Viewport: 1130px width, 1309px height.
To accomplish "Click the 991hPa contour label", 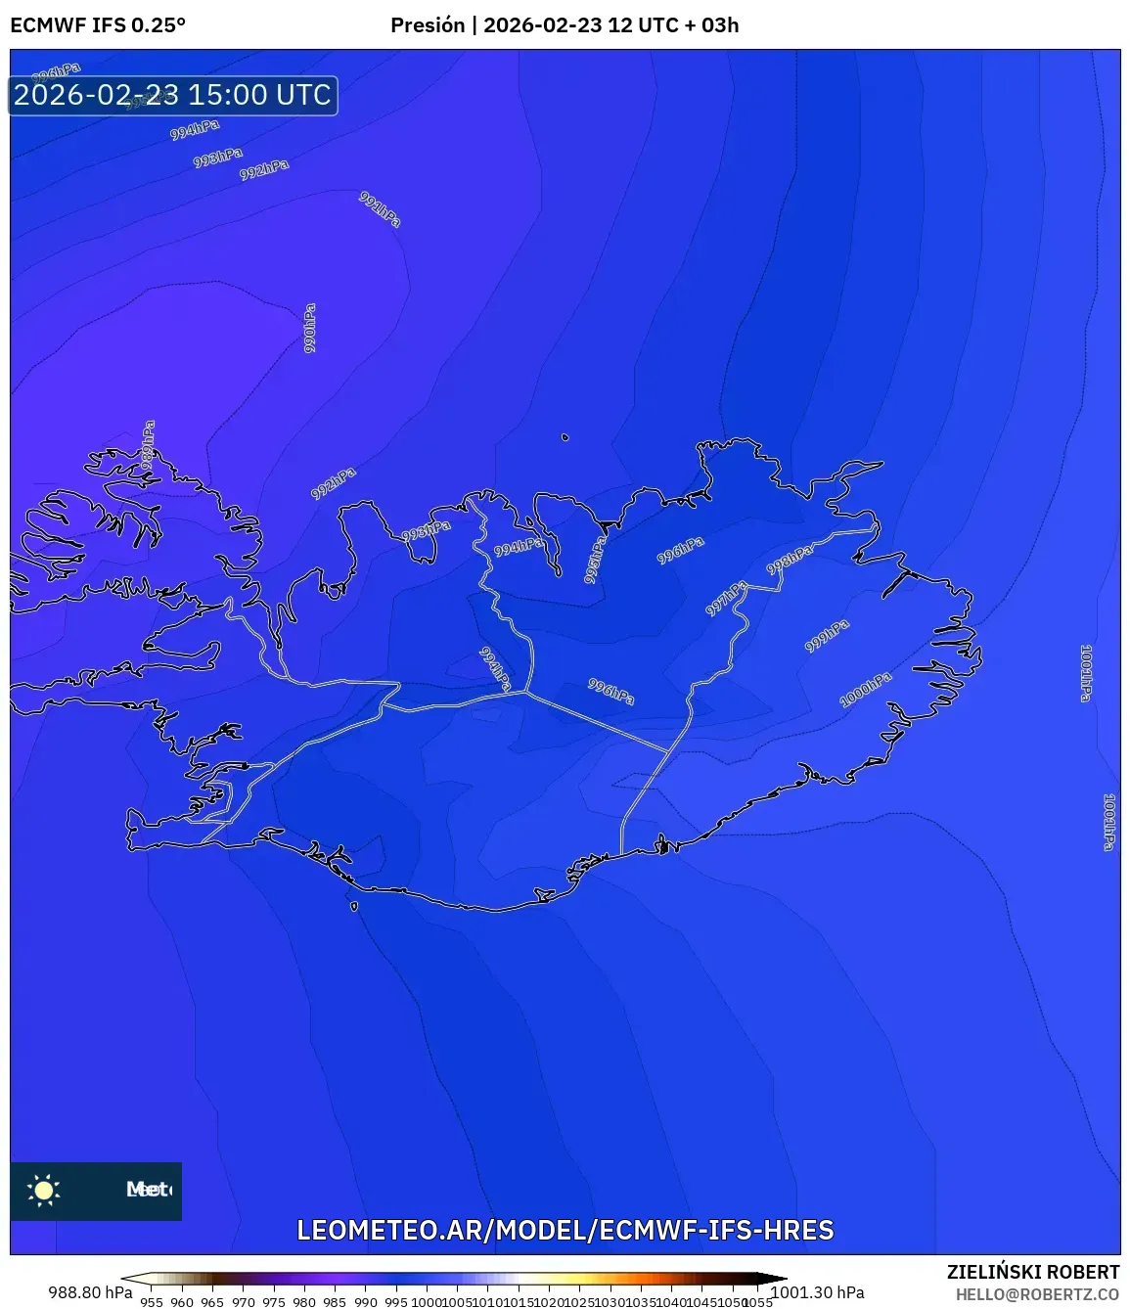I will pos(380,209).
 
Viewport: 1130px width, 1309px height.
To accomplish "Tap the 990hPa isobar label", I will pos(310,328).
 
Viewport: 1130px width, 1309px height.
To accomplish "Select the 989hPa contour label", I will pos(148,444).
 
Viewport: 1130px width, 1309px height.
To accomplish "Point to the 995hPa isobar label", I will pos(595,560).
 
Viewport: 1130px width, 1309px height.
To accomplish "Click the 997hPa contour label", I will pos(726,598).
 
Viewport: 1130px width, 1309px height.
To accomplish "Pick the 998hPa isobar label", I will pos(789,561).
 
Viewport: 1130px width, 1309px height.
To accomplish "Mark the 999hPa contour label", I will pos(827,636).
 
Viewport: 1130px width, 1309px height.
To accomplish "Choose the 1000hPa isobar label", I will pos(866,690).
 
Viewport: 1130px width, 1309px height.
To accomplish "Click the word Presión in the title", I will pos(428,25).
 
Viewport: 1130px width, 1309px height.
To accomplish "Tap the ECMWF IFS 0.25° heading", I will pos(98,25).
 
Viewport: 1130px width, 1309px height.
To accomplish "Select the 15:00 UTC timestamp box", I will pos(173,95).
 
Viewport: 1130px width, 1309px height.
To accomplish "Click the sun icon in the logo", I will pos(44,1190).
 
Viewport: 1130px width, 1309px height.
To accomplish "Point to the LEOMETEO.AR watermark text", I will pos(565,1230).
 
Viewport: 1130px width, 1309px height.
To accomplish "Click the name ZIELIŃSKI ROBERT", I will pos(1032,1272).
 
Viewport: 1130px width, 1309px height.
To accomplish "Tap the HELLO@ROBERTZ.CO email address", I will pos(1037,1294).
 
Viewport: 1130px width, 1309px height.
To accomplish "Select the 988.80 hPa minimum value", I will pos(90,1292).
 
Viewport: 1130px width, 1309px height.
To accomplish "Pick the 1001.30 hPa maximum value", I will pos(817,1292).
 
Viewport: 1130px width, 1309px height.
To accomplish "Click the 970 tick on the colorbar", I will pos(244,1302).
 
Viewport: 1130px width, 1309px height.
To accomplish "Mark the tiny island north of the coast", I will pos(565,437).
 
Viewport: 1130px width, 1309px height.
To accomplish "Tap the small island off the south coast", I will pos(354,906).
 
